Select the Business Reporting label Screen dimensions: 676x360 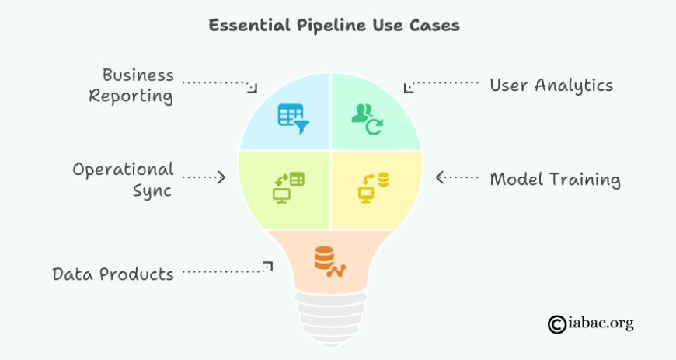pos(131,86)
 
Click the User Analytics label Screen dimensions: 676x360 pos(552,86)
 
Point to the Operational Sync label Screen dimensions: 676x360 pos(124,180)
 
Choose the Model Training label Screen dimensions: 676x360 pos(556,179)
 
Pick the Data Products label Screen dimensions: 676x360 pos(113,274)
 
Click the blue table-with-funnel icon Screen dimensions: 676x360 pos(293,119)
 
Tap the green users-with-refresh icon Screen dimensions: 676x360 pos(368,119)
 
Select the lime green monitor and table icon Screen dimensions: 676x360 pos(288,187)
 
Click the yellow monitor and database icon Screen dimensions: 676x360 pos(373,187)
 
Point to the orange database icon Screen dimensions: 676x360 pos(329,261)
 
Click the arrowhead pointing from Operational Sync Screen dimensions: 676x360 pos(221,177)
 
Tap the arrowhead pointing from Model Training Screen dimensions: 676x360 pos(440,177)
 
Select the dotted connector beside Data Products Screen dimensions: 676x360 pos(227,268)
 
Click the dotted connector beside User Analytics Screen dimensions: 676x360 pos(441,85)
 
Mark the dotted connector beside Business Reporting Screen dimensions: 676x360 pos(220,85)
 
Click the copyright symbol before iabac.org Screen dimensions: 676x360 pos(557,324)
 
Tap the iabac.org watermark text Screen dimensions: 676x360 pos(601,323)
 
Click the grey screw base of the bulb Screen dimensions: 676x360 pos(331,319)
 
